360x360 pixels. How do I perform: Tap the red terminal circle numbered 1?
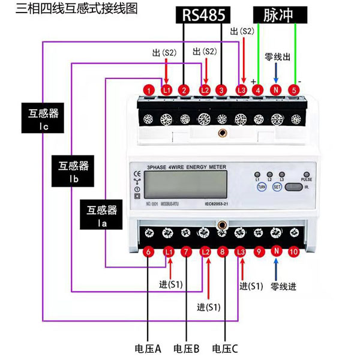tap(148, 91)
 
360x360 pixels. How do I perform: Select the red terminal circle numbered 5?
tap(294, 91)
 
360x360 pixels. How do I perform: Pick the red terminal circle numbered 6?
tap(148, 253)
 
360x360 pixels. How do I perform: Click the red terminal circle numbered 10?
tap(294, 253)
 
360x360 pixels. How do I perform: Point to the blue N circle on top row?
tap(276, 91)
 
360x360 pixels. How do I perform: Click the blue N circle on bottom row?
tap(276, 253)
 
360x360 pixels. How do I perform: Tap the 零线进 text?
tap(283, 286)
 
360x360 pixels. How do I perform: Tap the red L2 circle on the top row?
tap(204, 91)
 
